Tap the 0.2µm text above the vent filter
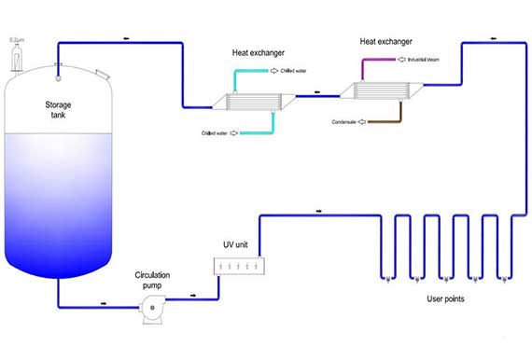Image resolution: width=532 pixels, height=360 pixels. [16, 40]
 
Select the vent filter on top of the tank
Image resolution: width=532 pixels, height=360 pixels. [16, 58]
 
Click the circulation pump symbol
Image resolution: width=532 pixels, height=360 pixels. [151, 311]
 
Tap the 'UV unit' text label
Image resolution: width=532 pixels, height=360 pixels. [234, 244]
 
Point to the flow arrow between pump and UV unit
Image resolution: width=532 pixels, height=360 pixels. [193, 297]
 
